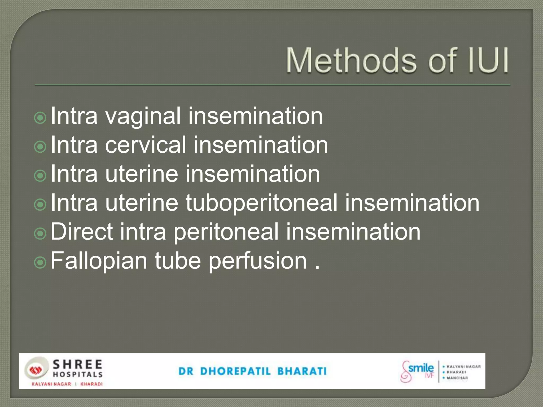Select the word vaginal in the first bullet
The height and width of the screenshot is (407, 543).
[143, 117]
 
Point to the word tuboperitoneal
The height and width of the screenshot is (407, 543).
[261, 203]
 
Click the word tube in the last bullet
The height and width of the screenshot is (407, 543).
[178, 261]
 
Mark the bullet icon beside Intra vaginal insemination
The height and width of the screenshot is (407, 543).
[40, 118]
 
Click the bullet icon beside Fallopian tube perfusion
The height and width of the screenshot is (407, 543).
[40, 262]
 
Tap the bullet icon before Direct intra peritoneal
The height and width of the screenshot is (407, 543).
[40, 233]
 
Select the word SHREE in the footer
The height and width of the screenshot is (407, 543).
[78, 365]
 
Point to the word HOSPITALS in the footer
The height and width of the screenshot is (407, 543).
[78, 374]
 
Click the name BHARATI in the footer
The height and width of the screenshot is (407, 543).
[302, 371]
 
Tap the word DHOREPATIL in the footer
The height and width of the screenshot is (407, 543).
[235, 371]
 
